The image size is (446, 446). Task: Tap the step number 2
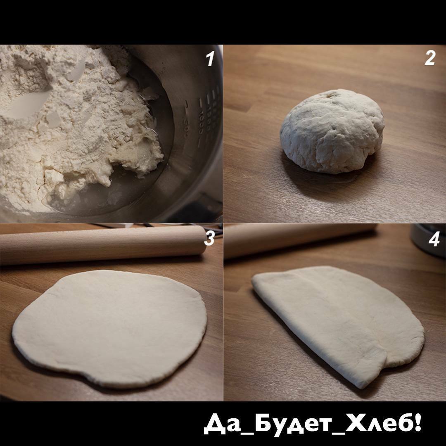click(x=430, y=58)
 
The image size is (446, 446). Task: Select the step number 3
click(x=209, y=238)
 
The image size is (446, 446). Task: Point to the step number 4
click(x=434, y=239)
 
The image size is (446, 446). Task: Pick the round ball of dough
click(x=332, y=131)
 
